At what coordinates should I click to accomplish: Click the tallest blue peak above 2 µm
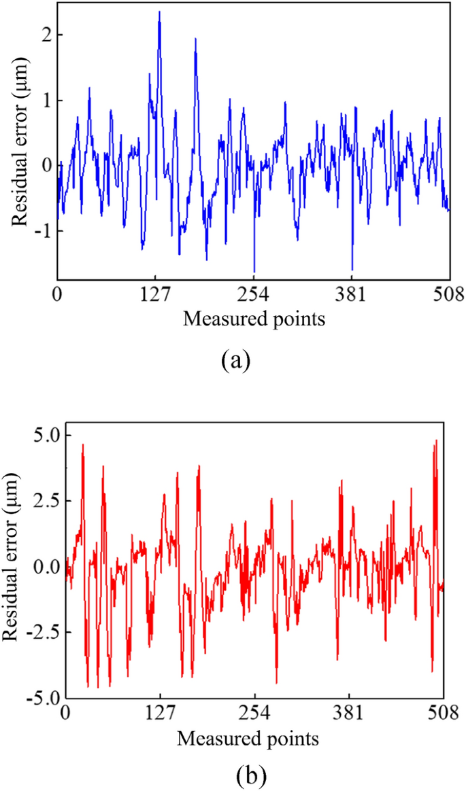pos(159,13)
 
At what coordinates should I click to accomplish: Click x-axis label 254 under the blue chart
pos(254,296)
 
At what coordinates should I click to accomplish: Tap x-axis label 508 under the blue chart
pos(450,296)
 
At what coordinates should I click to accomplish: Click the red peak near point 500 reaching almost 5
pos(435,442)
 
